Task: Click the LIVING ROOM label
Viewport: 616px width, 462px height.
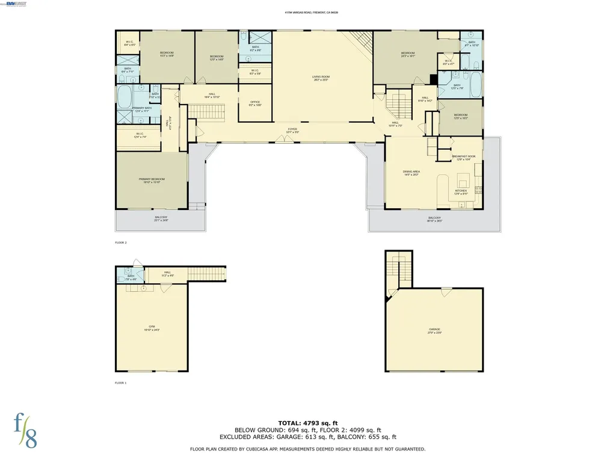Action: coord(321,77)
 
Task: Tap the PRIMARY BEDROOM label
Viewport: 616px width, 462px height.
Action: coord(152,179)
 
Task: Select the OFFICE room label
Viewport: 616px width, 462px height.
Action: coord(255,102)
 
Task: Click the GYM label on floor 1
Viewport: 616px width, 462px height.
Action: coord(152,327)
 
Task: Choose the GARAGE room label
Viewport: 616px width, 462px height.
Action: coord(434,329)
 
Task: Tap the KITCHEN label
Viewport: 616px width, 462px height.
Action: coord(461,191)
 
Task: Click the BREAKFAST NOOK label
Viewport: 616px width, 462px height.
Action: coord(463,156)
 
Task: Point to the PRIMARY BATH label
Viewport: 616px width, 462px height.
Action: coord(146,108)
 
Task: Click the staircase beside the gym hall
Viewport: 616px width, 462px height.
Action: coord(207,274)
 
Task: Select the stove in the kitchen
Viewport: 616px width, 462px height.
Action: coord(478,190)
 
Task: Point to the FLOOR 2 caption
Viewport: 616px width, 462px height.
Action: coord(121,242)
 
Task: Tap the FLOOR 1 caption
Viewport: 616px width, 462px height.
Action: coord(121,383)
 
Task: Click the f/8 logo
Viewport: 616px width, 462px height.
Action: coord(26,430)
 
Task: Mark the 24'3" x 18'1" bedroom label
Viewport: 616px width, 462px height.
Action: coord(408,54)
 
